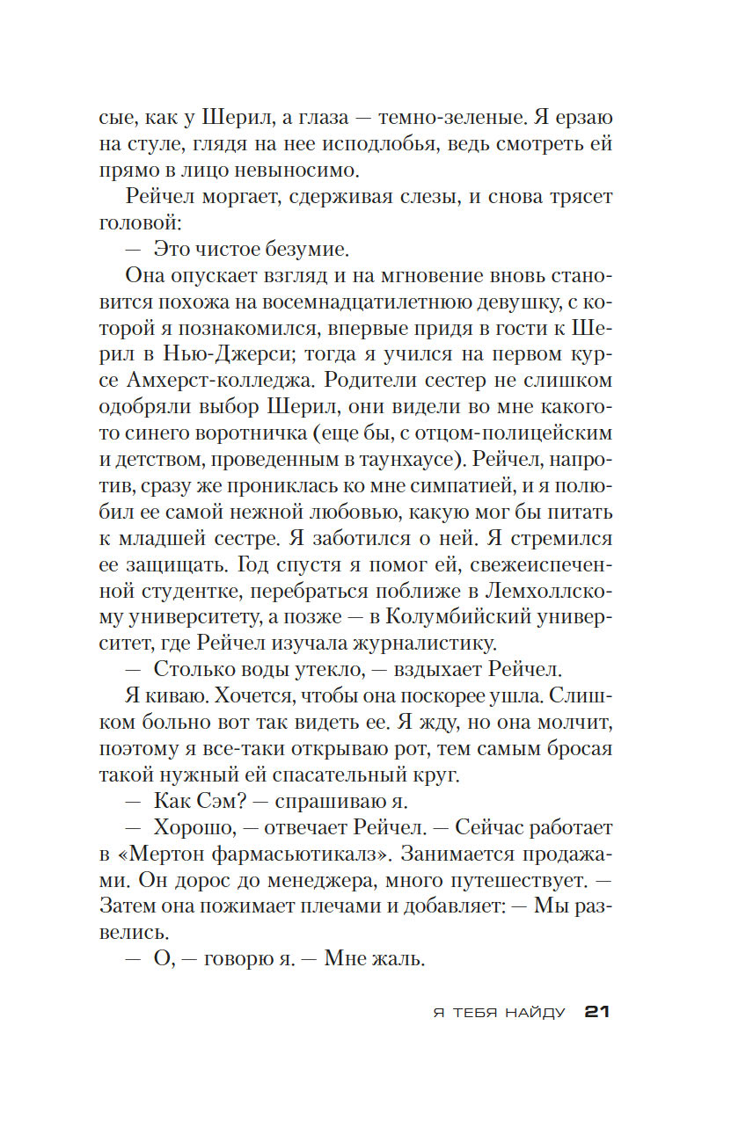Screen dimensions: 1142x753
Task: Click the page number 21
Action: click(597, 1012)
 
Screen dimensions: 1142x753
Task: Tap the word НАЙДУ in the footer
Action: click(535, 1013)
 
